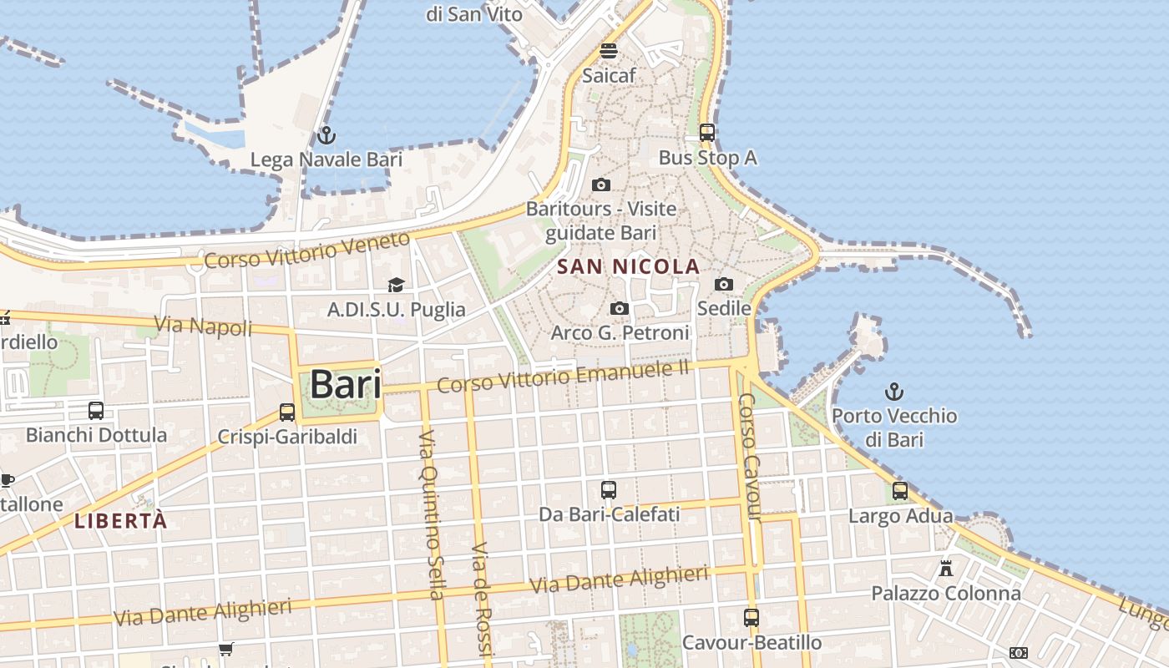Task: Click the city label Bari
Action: (345, 385)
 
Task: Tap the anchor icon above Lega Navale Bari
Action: (326, 134)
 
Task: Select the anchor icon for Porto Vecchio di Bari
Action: (894, 391)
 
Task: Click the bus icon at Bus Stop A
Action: (707, 133)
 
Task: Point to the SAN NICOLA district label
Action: (628, 266)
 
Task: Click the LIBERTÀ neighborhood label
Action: (121, 521)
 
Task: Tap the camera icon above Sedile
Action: (724, 285)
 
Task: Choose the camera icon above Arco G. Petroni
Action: (619, 309)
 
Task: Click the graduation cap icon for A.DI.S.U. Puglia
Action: (396, 286)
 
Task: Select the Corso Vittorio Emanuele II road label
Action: (564, 376)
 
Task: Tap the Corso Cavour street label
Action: (749, 457)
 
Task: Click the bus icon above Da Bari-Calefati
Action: (609, 490)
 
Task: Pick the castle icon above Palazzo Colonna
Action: (946, 569)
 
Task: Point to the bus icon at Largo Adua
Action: (900, 491)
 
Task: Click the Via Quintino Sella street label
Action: (430, 515)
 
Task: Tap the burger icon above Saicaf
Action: (609, 51)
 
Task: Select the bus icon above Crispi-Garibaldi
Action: (287, 412)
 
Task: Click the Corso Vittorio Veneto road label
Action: (307, 250)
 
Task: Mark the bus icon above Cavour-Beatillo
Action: (751, 618)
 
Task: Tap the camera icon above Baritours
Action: (600, 185)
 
